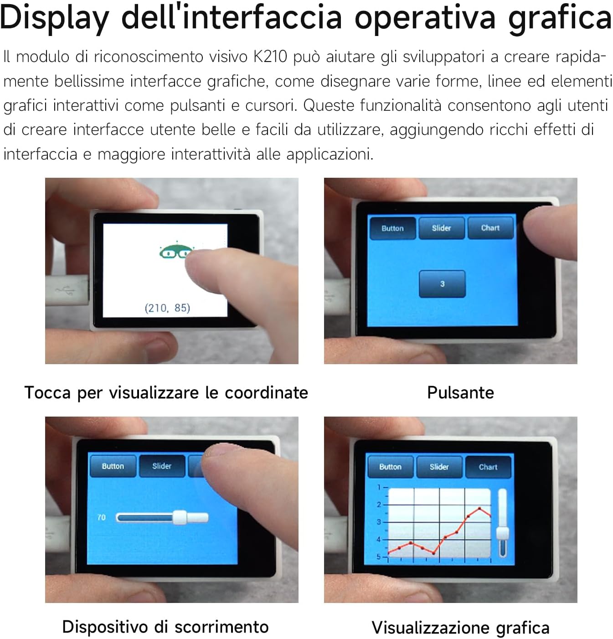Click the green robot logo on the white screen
pos(174,251)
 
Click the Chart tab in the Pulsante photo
pos(490,228)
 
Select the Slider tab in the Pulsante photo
pos(441,228)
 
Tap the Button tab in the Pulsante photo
pos(393,228)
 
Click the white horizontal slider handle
pos(180,518)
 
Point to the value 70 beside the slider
pos(102,517)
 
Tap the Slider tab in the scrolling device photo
pos(162,466)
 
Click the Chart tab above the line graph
pos(488,467)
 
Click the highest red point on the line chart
pos(480,509)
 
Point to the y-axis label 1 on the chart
pos(379,487)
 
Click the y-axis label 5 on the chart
pos(379,557)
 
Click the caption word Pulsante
pos(460,392)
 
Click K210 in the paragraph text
pos(270,57)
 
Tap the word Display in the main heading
pos(54,18)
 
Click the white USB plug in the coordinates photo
pos(67,290)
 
